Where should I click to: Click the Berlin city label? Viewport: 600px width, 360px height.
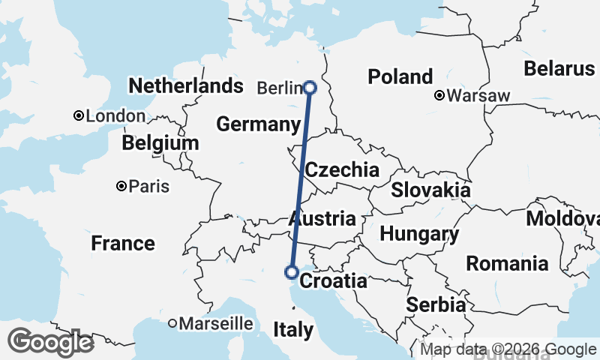(278, 88)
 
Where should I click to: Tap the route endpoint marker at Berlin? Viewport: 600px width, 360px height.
(310, 88)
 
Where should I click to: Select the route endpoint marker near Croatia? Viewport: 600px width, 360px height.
(292, 271)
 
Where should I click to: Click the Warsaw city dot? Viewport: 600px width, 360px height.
(440, 95)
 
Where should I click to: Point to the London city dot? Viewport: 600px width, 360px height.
(79, 115)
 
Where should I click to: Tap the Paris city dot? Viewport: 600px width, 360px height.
(121, 186)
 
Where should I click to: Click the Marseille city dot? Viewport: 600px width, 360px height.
(172, 323)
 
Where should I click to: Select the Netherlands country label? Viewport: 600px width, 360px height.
(186, 85)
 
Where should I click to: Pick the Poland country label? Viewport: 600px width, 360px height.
(400, 76)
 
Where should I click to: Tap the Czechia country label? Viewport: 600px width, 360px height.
(342, 169)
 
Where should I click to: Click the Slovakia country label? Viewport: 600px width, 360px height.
(430, 190)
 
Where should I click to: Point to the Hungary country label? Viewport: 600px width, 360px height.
(419, 234)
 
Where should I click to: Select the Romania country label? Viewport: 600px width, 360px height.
(507, 263)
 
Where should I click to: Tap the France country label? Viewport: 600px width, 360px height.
(123, 243)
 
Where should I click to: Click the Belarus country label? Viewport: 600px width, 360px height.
(559, 68)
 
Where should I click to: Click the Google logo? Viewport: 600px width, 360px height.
(50, 342)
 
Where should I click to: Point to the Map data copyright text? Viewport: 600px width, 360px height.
(508, 349)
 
